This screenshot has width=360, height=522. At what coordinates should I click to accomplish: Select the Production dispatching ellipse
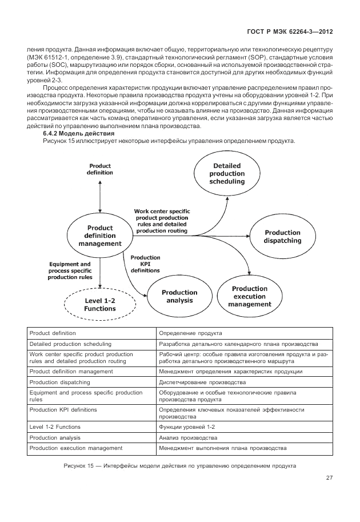[x=282, y=237]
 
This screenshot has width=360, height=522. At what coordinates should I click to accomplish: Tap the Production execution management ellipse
[x=250, y=296]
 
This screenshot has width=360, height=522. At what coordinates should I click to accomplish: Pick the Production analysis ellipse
[x=179, y=296]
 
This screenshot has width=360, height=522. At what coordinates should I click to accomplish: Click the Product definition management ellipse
[x=100, y=236]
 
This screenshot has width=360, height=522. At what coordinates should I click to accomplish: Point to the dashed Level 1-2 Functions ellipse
[x=100, y=304]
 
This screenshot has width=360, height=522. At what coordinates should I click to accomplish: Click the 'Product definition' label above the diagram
[x=100, y=169]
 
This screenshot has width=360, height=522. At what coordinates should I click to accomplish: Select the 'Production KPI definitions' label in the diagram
[x=145, y=264]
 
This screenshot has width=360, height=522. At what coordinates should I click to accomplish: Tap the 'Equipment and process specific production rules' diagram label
[x=70, y=270]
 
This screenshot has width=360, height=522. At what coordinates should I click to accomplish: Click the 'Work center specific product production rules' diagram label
[x=162, y=220]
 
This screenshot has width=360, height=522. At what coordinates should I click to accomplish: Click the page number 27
[x=329, y=477]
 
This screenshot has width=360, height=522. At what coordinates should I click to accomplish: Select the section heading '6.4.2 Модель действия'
[x=71, y=133]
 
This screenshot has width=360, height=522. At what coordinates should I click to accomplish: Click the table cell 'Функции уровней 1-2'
[x=187, y=427]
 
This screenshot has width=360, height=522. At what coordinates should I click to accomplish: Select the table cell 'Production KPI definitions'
[x=63, y=410]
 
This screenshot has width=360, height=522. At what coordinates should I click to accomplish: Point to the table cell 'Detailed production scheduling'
[x=70, y=344]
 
